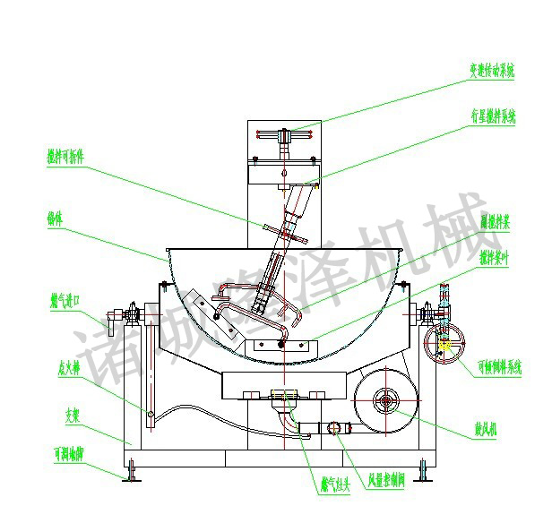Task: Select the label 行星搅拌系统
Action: (492, 116)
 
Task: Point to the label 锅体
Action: (58, 217)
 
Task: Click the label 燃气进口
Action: (65, 297)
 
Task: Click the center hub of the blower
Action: (385, 398)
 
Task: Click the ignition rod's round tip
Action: (151, 414)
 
